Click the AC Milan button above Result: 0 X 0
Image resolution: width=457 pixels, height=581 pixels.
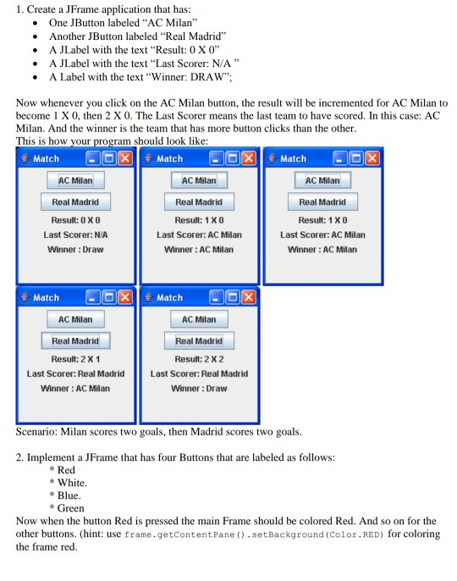(75, 180)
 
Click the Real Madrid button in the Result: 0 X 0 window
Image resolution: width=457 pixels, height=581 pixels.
(75, 202)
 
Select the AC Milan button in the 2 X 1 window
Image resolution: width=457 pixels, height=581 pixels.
(75, 319)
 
